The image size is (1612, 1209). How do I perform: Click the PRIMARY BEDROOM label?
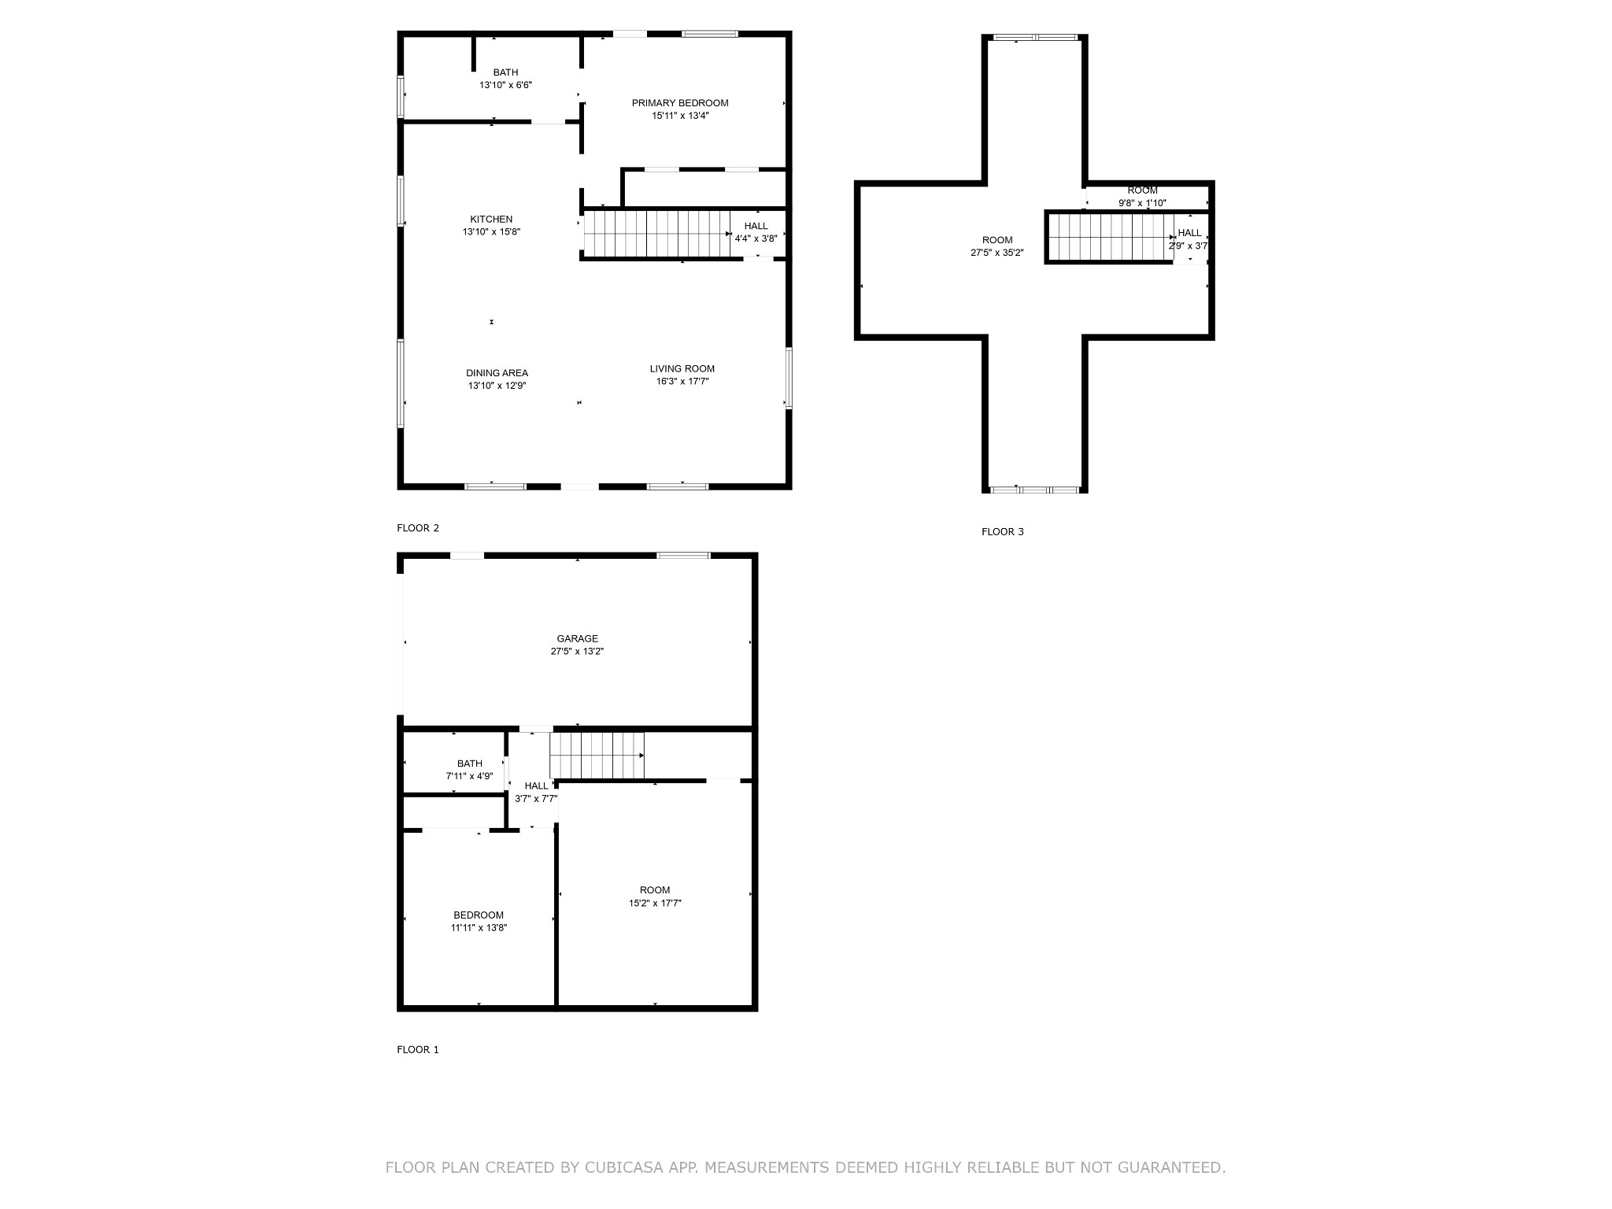(680, 103)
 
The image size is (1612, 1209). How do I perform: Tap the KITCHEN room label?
(491, 220)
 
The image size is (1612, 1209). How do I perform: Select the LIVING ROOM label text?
(682, 369)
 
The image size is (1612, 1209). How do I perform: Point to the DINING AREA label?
(497, 373)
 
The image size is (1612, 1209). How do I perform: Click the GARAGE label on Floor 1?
(578, 639)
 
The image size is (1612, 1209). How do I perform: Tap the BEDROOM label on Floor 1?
(479, 915)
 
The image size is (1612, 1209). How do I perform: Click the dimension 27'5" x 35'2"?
(997, 253)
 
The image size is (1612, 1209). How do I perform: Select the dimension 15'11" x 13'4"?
(680, 116)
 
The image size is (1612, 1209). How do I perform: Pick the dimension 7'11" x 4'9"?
(470, 776)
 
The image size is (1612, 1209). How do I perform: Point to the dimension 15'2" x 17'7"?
(655, 904)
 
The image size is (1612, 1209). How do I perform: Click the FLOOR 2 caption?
(418, 528)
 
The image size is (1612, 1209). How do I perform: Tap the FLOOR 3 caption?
(1003, 532)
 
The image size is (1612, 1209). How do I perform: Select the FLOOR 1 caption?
(418, 1050)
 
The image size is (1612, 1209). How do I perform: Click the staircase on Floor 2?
(657, 234)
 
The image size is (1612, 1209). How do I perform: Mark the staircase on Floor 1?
(597, 755)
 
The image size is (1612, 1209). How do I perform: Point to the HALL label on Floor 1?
(537, 786)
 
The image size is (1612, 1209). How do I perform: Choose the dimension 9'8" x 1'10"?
(1143, 203)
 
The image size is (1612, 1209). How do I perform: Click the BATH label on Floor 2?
(506, 72)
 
